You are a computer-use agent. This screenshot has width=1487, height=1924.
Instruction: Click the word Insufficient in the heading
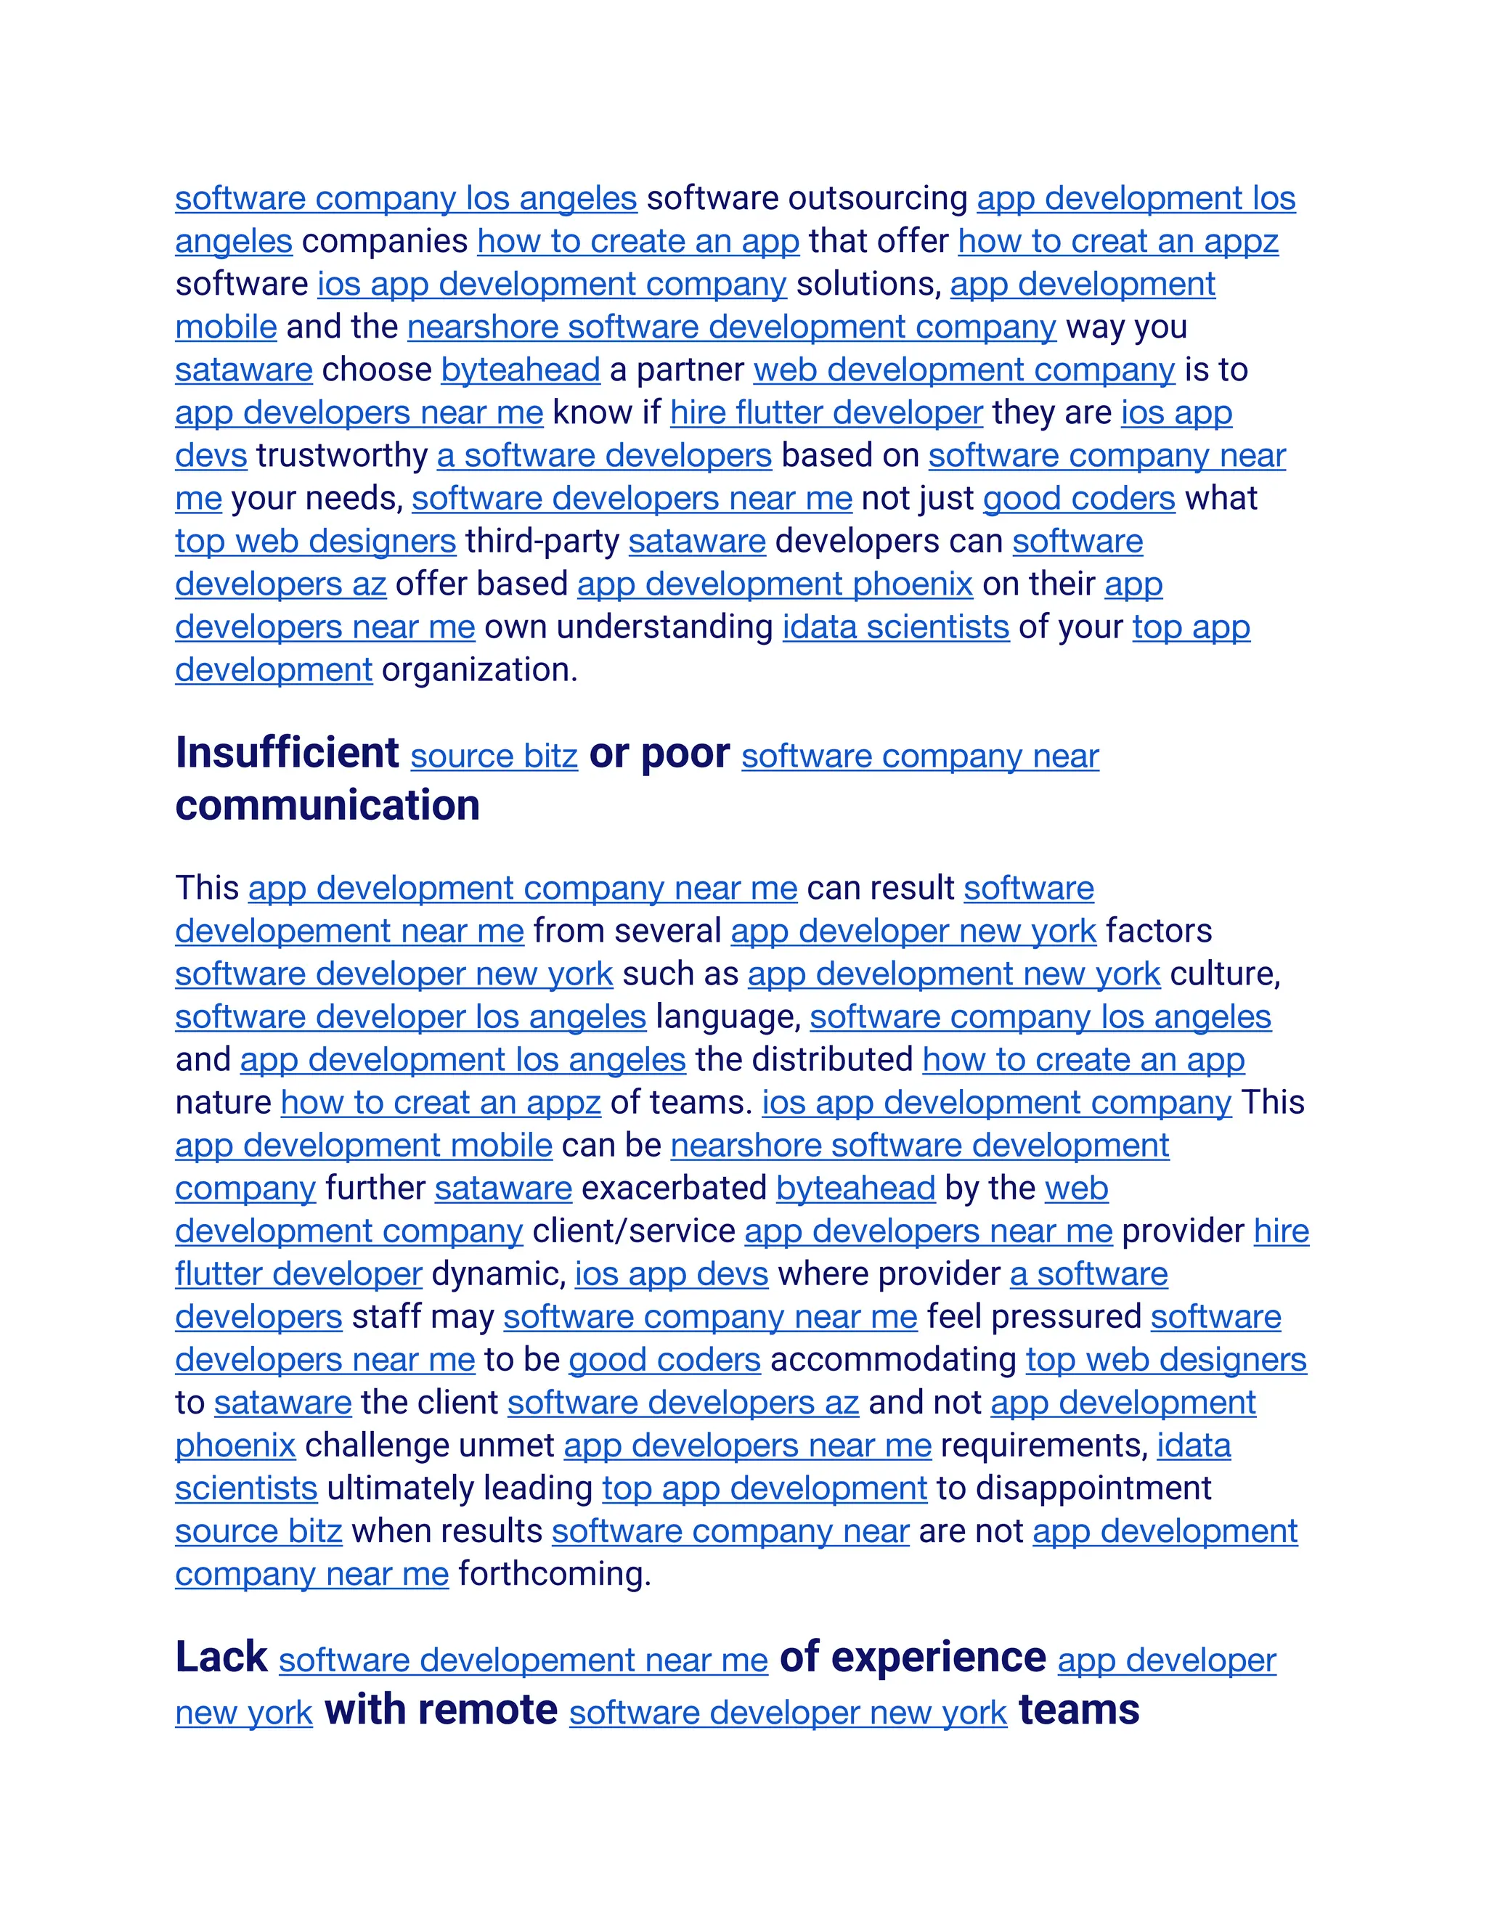(288, 753)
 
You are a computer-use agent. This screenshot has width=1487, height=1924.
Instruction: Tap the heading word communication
(327, 805)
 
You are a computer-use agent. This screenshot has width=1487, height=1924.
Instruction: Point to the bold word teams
(1078, 1710)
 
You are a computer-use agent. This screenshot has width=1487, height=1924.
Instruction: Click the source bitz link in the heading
(493, 756)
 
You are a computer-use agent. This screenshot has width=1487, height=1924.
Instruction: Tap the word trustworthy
(342, 455)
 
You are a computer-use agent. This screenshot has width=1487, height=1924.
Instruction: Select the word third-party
(542, 541)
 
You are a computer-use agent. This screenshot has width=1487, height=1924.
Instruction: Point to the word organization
(478, 669)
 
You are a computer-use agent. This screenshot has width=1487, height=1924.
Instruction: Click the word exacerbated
(674, 1189)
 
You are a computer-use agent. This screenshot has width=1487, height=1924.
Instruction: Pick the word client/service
(633, 1231)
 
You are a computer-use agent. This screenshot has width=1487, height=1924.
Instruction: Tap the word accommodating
(893, 1359)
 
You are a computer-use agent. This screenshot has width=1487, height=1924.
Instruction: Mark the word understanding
(664, 627)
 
